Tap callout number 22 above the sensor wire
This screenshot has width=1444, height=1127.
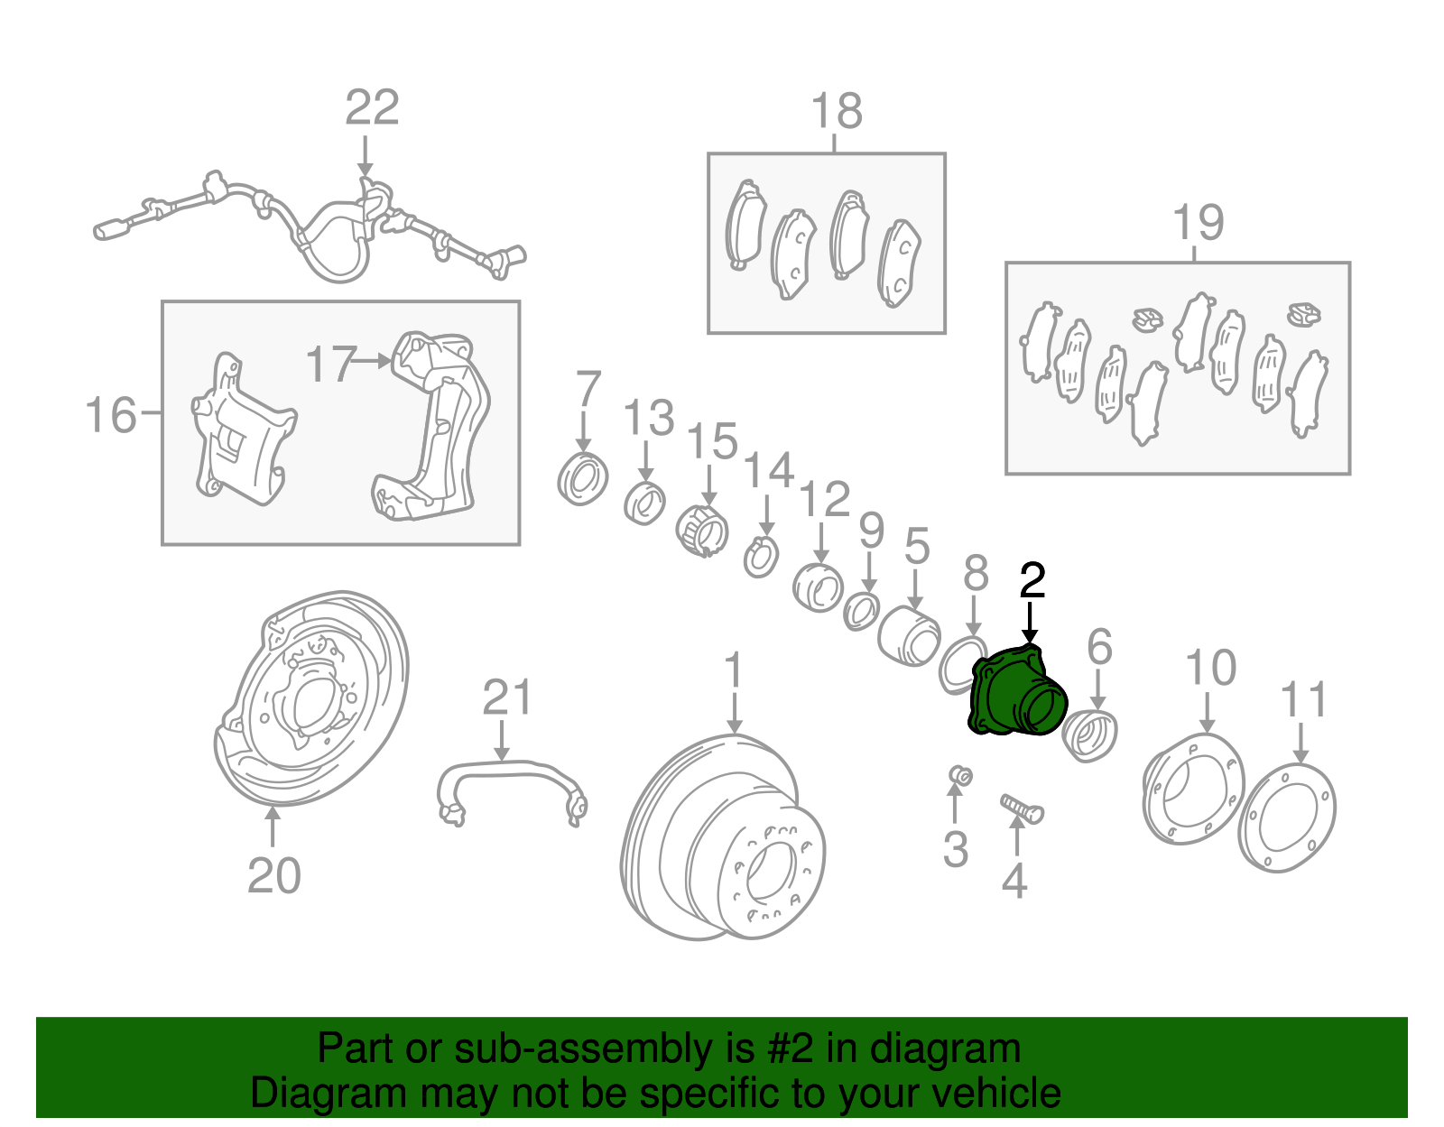click(x=372, y=108)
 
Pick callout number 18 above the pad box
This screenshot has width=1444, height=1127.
click(x=837, y=112)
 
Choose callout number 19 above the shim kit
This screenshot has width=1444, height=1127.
click(x=1198, y=222)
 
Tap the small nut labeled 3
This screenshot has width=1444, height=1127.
click(x=961, y=775)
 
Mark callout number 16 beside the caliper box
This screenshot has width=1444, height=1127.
click(x=110, y=416)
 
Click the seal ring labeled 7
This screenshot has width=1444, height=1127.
click(x=583, y=478)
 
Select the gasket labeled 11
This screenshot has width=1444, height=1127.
click(x=1287, y=818)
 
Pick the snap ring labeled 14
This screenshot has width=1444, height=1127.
click(x=761, y=559)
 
